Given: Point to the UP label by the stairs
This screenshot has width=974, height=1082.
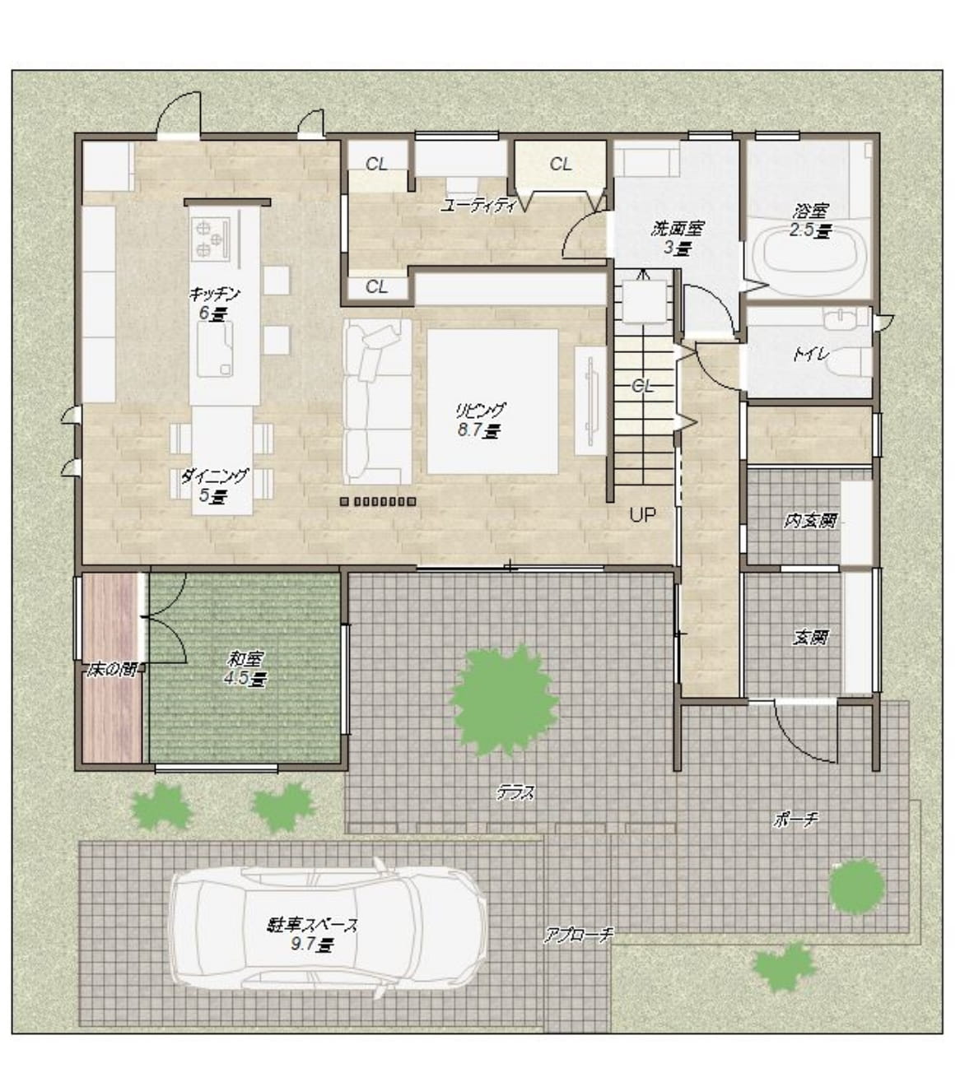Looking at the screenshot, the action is click(x=642, y=515).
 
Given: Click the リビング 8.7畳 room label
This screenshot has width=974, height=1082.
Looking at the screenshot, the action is click(x=478, y=420).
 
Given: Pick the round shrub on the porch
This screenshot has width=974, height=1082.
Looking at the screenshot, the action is click(x=856, y=885).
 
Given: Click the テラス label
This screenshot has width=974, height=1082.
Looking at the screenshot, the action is click(x=515, y=792).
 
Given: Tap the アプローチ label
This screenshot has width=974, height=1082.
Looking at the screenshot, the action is click(x=578, y=934).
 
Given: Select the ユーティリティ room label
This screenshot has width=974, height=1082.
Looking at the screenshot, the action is click(x=478, y=206).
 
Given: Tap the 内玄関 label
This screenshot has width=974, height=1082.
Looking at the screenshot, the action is click(x=810, y=521).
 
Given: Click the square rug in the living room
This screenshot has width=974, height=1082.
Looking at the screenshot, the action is click(x=492, y=402).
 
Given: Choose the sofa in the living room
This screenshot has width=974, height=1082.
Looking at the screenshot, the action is click(x=377, y=402).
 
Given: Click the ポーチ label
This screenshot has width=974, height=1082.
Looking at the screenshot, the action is click(x=796, y=820).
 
